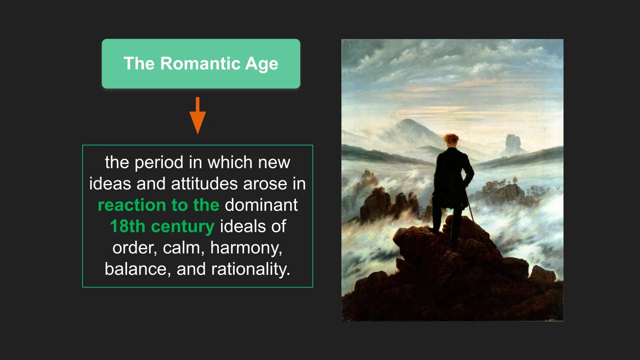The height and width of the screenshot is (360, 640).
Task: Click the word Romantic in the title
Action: (200, 63)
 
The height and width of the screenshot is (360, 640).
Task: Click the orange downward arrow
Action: (198, 116)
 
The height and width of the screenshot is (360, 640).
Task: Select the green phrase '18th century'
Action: (162, 226)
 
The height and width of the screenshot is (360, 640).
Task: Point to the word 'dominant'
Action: (261, 205)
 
